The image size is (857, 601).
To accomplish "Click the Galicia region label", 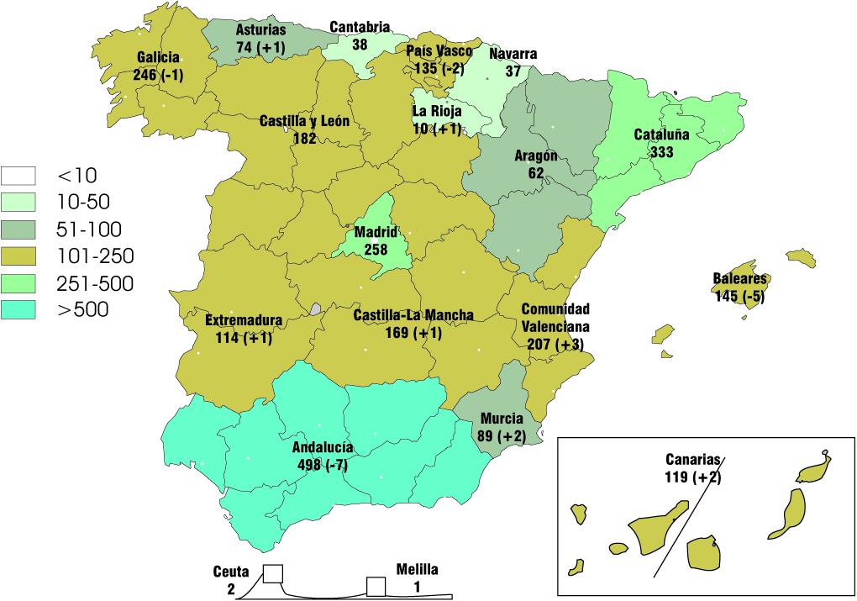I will (157, 58).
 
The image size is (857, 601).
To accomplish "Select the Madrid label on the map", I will (376, 232).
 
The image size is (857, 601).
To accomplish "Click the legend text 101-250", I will (94, 256).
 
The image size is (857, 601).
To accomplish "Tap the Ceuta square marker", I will (272, 574).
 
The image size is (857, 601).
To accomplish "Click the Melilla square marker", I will (375, 586).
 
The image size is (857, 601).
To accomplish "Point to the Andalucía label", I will (323, 447).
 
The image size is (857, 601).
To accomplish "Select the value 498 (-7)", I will (323, 464).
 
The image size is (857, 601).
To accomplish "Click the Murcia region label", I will (502, 419).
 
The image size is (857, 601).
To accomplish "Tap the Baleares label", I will (739, 279).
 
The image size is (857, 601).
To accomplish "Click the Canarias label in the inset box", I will (694, 460).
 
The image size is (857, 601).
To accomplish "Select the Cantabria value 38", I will (360, 44).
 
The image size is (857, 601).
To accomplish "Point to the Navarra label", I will (513, 55).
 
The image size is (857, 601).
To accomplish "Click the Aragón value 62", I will (536, 173).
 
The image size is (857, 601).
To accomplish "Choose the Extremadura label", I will (244, 321).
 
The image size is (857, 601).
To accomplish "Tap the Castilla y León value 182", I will (304, 138).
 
